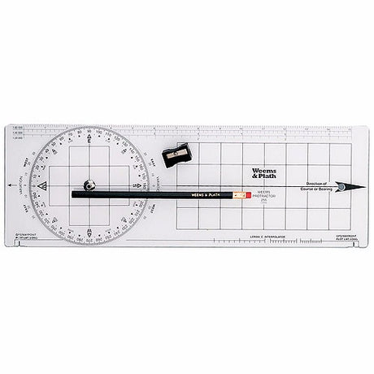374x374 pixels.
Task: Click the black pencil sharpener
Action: [x=176, y=154]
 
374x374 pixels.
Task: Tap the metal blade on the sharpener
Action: [x=178, y=153]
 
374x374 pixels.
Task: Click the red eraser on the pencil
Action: [x=248, y=195]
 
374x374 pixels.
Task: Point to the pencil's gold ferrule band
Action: [x=237, y=195]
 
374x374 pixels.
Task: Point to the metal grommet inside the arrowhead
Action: [x=341, y=187]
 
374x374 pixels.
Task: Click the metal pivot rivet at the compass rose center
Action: [x=89, y=185]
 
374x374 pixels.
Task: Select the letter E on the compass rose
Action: [x=89, y=141]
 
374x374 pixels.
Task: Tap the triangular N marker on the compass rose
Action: [x=42, y=186]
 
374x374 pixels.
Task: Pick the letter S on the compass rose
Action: [x=136, y=186]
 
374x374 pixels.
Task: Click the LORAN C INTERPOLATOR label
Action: [x=267, y=237]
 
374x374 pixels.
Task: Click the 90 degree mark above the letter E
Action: [x=89, y=130]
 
